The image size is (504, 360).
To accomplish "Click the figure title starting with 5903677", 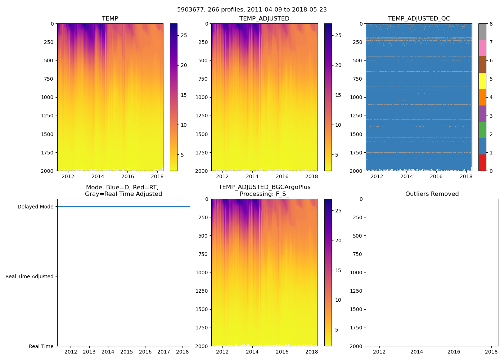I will (x=252, y=10).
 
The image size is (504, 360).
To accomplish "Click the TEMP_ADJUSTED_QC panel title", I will (x=419, y=19).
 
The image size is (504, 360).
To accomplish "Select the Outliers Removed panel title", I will (x=432, y=194).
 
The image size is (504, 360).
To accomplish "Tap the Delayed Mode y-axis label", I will (x=35, y=207).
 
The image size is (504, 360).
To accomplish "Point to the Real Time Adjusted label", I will (x=30, y=276).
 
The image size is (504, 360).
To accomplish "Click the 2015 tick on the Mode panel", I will (x=126, y=352).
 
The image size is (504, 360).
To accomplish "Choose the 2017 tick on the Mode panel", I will (x=164, y=352).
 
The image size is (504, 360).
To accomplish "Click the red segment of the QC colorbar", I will (x=482, y=162).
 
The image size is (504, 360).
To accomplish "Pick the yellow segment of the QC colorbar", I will (x=482, y=81).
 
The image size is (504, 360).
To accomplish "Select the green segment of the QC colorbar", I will (x=482, y=130).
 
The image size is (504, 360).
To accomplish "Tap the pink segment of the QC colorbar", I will (x=482, y=48).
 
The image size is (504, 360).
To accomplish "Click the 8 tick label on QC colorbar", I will (x=491, y=24).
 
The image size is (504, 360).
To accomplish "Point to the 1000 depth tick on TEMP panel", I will (x=47, y=97).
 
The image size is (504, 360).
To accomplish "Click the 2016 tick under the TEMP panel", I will (x=127, y=176).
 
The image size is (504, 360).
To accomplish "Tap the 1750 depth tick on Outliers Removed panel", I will (x=356, y=328).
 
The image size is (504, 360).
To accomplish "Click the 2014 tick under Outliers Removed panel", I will (x=417, y=352).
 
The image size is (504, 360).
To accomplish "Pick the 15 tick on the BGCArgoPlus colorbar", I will (x=338, y=270).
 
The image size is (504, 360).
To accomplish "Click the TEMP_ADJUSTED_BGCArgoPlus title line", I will (x=264, y=187).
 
